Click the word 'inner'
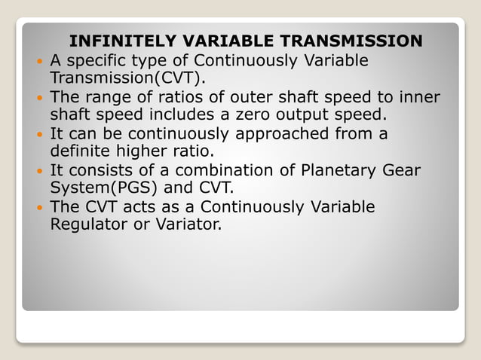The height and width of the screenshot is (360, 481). pos(419,98)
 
